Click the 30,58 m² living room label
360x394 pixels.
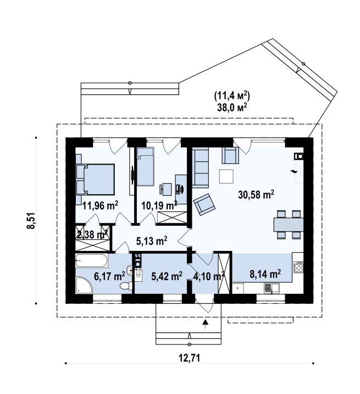point(256,195)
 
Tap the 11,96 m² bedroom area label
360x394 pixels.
point(101,206)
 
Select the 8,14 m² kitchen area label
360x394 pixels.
point(265,274)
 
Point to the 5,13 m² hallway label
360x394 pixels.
point(152,241)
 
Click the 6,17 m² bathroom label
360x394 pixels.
point(109,276)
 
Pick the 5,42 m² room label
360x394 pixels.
point(167,276)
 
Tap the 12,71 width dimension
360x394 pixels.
point(190,358)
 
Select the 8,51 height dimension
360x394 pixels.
point(31,221)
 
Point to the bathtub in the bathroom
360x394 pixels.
point(92,261)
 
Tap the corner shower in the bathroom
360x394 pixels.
point(84,285)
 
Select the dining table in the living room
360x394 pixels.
point(288,224)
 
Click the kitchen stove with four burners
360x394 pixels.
point(298,267)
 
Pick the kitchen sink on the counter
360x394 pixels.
point(272,288)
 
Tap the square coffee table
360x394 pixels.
point(226,177)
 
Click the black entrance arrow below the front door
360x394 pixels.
point(206,324)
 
